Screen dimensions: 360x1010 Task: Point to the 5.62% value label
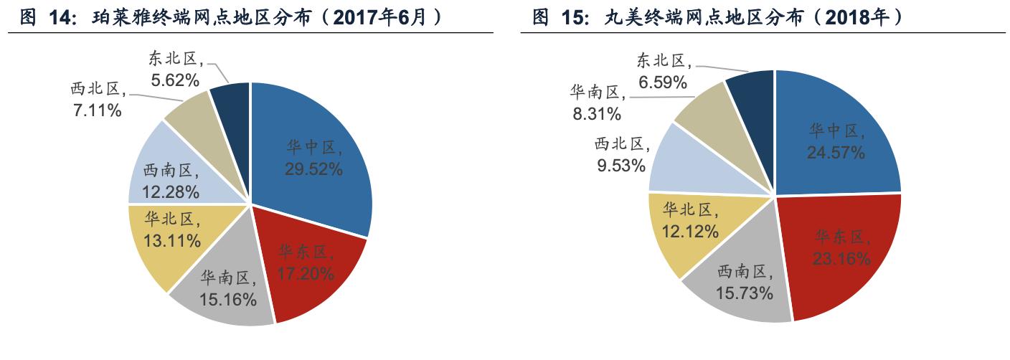(x=174, y=80)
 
